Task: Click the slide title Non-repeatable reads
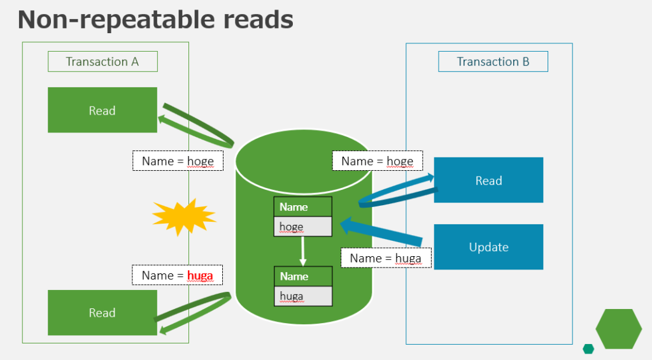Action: (155, 20)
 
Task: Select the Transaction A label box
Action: (103, 62)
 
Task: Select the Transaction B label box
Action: (493, 62)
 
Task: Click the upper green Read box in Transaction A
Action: (103, 110)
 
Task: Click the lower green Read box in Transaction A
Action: (103, 312)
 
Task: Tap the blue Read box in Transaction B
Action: (488, 180)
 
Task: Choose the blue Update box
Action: (488, 247)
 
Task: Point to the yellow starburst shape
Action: (183, 216)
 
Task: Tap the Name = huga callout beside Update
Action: (386, 258)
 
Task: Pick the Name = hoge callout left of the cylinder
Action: (178, 161)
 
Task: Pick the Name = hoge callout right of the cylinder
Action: (377, 161)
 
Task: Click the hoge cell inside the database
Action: (303, 227)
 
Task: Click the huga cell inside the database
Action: (303, 296)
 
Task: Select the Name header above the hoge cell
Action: (303, 207)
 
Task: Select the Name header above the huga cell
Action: (303, 277)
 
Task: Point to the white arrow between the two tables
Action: (303, 251)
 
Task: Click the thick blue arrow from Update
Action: (382, 232)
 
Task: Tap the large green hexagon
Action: (618, 329)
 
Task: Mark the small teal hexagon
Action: (588, 349)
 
